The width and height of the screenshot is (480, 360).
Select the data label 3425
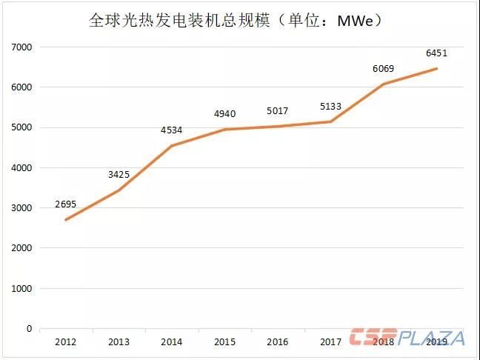(119, 176)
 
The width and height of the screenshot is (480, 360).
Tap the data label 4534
(171, 131)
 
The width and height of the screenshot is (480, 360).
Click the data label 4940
(224, 113)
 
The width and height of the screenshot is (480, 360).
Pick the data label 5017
(278, 111)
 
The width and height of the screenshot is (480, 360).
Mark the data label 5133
(330, 107)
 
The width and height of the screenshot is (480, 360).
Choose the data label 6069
(383, 69)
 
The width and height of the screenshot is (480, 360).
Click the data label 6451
(436, 53)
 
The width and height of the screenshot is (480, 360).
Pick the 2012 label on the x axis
(66, 341)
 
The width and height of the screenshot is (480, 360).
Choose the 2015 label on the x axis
(224, 341)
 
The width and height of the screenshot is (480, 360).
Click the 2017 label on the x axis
(330, 341)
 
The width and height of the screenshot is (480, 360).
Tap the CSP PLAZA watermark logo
(408, 338)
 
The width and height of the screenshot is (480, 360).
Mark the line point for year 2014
(171, 146)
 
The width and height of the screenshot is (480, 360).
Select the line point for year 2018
(383, 84)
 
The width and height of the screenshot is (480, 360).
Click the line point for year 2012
(66, 220)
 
